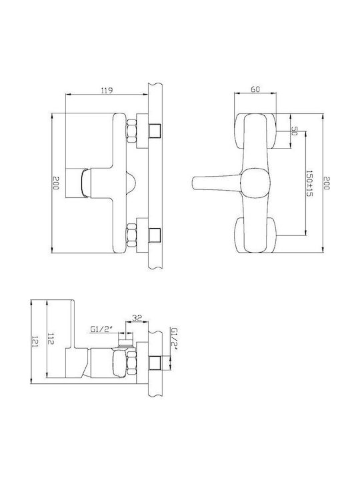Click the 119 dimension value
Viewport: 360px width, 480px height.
click(107, 90)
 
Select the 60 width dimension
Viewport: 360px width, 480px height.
click(255, 89)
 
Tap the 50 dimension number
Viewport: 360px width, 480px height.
click(294, 131)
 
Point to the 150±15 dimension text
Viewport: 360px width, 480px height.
click(309, 184)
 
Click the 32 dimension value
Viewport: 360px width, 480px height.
click(137, 318)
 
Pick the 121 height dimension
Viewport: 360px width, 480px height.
click(35, 341)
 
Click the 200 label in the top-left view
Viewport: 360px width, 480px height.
click(55, 183)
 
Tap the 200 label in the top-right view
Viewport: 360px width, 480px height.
click(327, 183)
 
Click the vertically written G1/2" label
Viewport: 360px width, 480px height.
click(175, 337)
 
